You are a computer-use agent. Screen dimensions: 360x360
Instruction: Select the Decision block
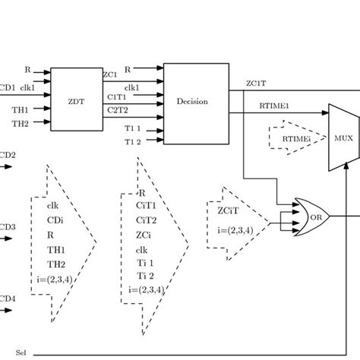193,101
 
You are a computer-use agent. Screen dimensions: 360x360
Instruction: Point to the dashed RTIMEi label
295,138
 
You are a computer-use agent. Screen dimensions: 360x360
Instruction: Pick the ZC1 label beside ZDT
110,75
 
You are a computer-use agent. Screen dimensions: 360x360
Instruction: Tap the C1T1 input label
115,96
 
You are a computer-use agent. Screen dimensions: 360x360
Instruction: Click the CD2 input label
7,155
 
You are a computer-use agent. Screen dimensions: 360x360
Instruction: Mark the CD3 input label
7,227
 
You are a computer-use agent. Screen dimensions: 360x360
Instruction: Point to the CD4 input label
7,298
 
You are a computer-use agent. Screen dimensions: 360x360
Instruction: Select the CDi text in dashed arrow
54,219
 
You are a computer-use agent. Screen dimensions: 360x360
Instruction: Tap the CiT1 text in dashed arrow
146,206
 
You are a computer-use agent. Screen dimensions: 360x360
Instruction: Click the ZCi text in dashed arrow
144,234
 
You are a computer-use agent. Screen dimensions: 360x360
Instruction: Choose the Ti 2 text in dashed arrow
145,275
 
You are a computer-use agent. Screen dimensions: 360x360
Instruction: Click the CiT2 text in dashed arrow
146,219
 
